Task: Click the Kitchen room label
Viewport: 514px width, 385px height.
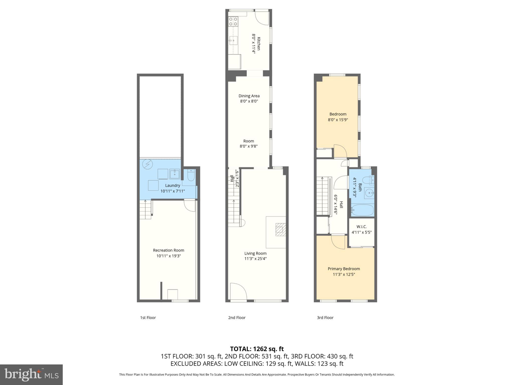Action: pos(259,44)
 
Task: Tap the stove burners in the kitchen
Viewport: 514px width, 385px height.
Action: pos(233,21)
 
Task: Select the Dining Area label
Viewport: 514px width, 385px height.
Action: pos(249,96)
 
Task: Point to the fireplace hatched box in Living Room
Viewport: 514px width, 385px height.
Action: pos(281,230)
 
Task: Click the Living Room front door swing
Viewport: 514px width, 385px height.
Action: pos(237,291)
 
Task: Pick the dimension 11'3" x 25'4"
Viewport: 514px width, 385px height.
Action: pos(255,259)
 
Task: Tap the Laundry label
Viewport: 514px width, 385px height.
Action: pos(172,185)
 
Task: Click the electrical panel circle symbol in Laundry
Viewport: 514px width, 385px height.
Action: pos(147,164)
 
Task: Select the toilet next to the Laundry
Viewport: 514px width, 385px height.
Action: pos(191,175)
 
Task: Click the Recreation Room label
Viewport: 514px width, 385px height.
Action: pos(168,250)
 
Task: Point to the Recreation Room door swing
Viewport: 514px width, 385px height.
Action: pos(189,206)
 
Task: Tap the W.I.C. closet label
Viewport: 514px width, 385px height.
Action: pos(361,227)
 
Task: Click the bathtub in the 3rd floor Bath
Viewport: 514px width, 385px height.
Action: pos(362,210)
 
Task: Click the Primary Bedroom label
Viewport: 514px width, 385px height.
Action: pos(344,269)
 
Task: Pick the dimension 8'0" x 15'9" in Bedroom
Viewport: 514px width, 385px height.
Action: pos(338,120)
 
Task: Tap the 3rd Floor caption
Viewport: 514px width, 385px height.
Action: pos(325,318)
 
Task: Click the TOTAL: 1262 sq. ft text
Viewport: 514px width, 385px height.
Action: pos(257,349)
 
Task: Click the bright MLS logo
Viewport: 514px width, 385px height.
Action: pos(31,374)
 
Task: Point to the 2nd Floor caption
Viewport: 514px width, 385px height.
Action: pos(237,318)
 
